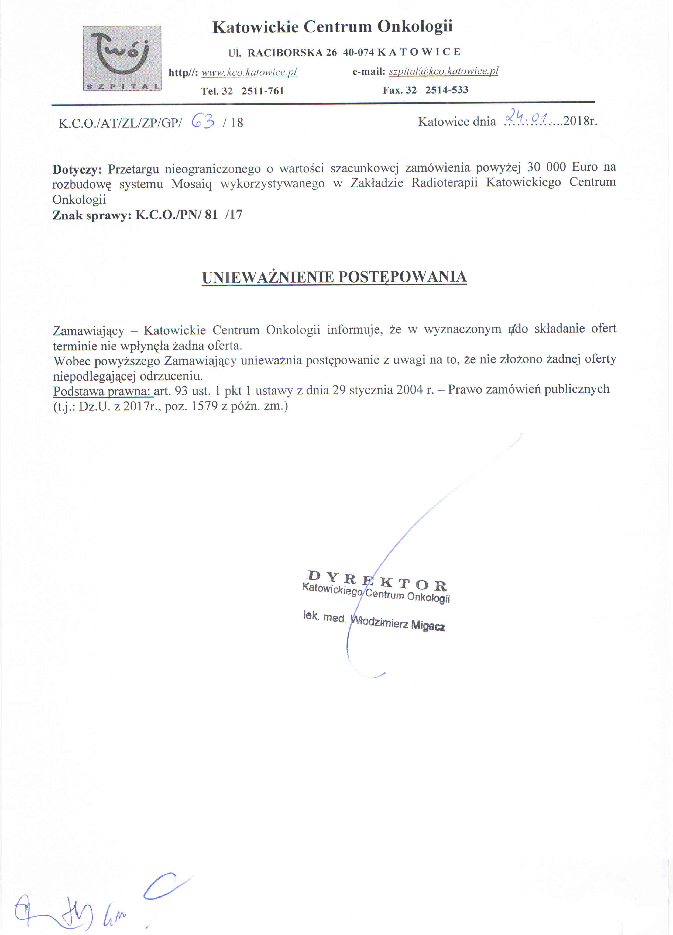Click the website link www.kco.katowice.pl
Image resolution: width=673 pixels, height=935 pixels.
[249, 73]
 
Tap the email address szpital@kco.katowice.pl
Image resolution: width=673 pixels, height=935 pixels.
[444, 71]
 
